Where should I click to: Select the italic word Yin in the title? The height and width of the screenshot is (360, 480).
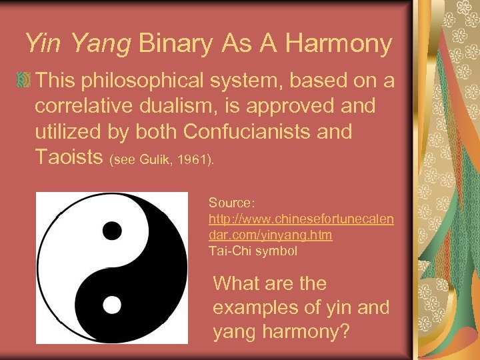tap(44, 44)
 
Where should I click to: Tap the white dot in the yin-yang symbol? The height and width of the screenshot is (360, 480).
tap(111, 305)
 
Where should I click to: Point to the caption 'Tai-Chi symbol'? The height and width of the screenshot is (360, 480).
tap(253, 251)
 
